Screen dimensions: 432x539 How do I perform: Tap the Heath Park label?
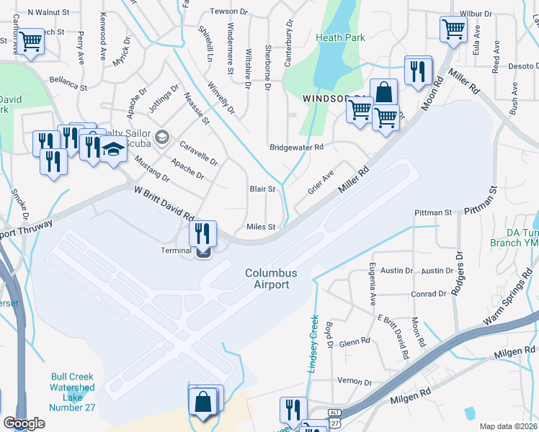click(344, 37)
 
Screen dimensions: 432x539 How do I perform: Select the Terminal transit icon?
click(203, 251)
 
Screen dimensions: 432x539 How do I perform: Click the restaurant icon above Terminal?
click(202, 233)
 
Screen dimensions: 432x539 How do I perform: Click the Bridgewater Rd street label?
click(296, 147)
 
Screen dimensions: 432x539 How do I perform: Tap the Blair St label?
click(262, 189)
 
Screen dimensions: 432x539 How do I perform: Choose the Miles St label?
click(262, 227)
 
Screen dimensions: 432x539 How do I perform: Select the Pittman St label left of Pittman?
click(432, 212)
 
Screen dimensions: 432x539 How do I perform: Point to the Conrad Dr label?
click(428, 294)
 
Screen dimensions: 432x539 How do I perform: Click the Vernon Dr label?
click(354, 382)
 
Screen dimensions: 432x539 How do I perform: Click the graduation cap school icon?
click(112, 150)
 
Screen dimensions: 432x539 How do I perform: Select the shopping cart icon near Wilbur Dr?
click(453, 30)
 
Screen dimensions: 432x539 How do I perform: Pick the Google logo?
click(24, 423)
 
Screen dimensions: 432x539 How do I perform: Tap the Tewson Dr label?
click(227, 12)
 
